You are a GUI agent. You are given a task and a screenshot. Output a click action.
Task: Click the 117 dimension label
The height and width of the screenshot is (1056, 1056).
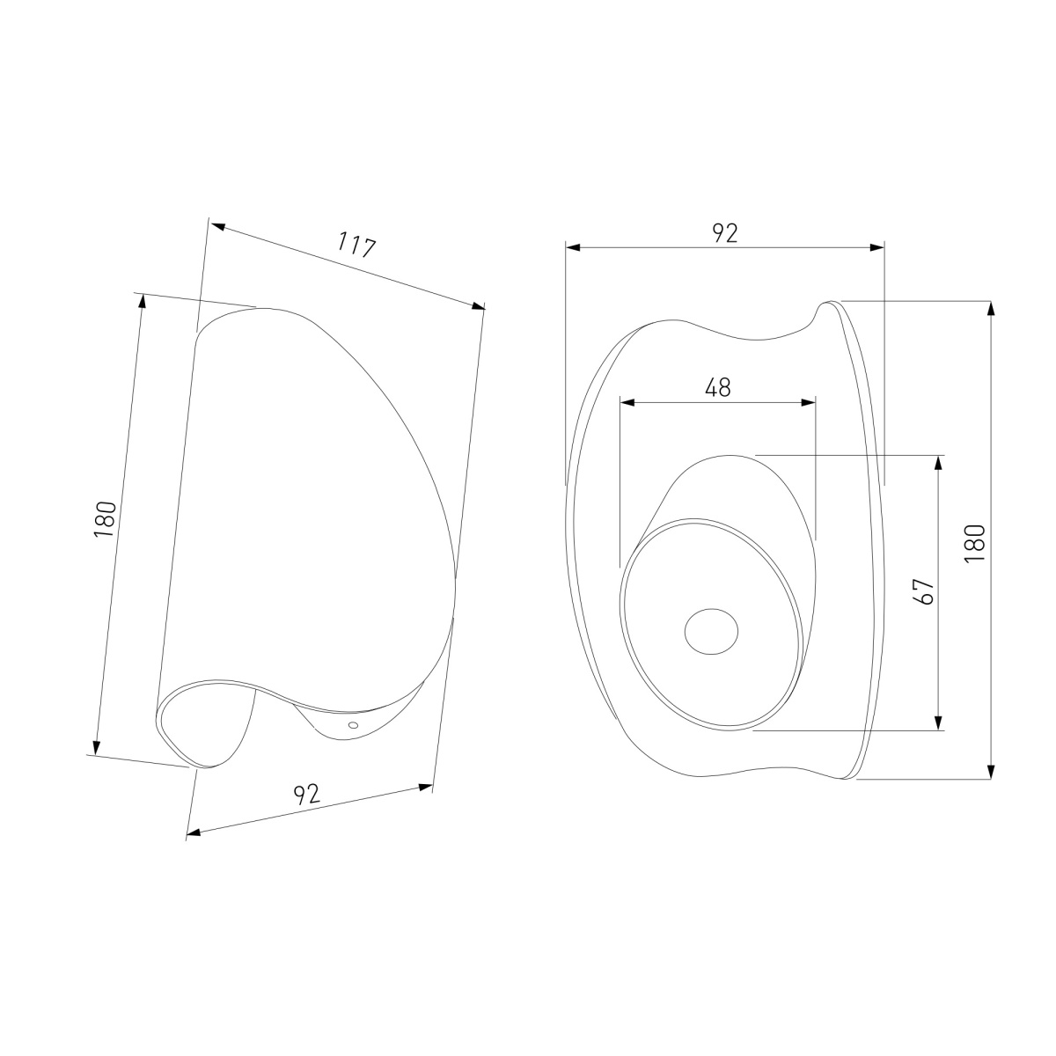click(356, 245)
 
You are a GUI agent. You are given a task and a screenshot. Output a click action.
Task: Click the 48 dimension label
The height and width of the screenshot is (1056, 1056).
click(718, 388)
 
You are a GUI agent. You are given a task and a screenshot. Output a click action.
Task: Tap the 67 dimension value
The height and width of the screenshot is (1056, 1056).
click(925, 591)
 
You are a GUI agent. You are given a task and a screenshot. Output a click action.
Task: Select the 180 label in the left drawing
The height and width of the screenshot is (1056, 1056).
click(106, 518)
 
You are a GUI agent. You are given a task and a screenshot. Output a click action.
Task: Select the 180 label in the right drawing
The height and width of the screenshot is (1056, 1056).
click(976, 543)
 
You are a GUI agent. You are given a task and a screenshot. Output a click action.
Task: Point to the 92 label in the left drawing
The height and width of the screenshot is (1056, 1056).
click(307, 794)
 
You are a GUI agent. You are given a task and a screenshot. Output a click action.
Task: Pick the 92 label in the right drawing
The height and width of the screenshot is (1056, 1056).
click(725, 233)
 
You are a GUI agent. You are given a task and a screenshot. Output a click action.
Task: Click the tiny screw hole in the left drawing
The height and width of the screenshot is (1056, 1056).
click(353, 725)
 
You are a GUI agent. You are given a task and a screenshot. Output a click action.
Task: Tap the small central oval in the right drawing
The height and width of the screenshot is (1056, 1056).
click(711, 631)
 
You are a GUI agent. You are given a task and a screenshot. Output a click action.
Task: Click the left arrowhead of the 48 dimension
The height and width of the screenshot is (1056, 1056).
click(627, 403)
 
